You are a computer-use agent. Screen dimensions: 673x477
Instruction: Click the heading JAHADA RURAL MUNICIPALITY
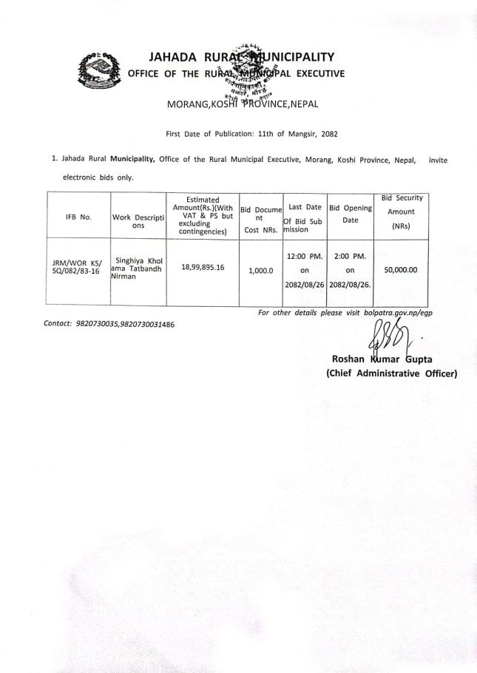tap(241, 57)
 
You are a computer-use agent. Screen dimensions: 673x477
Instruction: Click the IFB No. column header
tap(78, 217)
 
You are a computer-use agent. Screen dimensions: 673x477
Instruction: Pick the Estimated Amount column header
tap(202, 215)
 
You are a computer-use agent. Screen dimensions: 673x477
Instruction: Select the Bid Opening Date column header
tap(350, 214)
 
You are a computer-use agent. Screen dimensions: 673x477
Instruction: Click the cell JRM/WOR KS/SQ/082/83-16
tap(78, 267)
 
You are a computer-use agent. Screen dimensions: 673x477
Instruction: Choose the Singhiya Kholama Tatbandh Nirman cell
tap(138, 267)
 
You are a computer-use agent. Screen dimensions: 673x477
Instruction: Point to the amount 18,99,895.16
tap(202, 267)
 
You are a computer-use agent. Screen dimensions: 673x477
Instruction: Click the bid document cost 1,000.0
tap(260, 271)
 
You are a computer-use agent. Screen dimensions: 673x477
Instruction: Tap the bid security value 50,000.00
tap(401, 270)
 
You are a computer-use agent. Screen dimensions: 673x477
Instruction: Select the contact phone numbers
tap(125, 325)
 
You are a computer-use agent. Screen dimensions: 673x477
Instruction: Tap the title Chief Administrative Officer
tap(391, 373)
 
